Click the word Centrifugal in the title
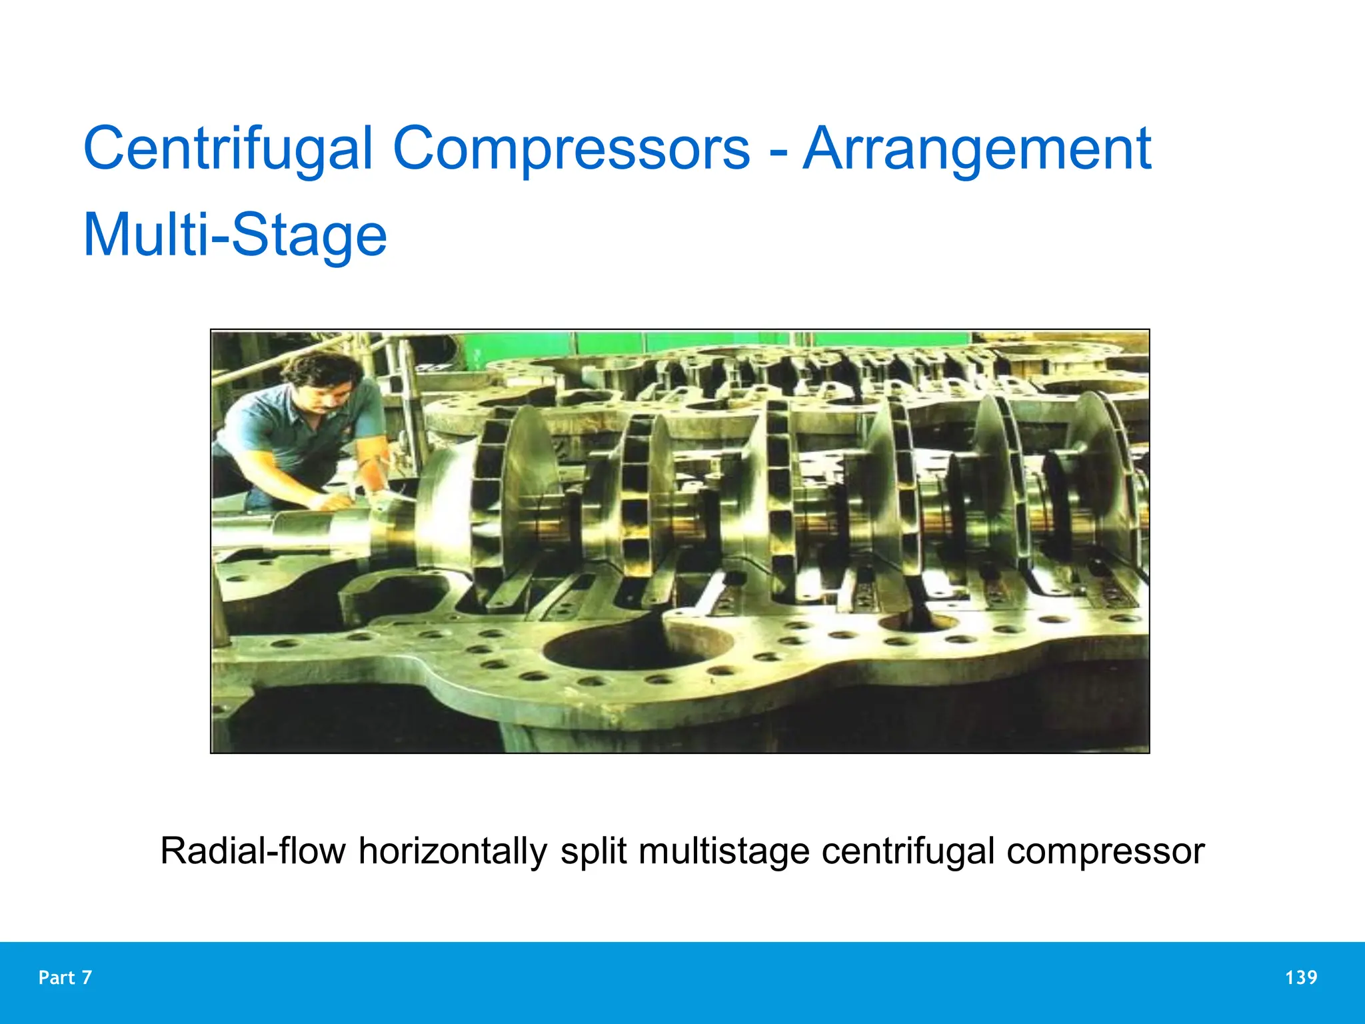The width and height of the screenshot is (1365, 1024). tap(227, 149)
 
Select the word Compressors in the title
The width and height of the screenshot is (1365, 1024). tap(571, 149)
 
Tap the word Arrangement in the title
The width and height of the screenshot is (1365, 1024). tap(976, 149)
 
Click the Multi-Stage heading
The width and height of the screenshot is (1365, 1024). tap(235, 235)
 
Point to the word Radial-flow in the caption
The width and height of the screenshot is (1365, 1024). tap(253, 851)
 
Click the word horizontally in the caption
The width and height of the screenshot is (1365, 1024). tap(453, 851)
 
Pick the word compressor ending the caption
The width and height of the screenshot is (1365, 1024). tap(1105, 851)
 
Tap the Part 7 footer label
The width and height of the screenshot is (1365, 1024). tap(65, 977)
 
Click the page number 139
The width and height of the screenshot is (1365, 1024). tap(1300, 977)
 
